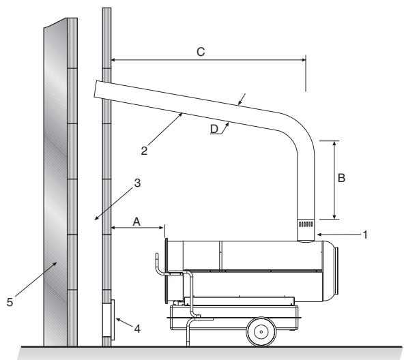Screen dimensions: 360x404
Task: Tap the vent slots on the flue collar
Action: (306, 224)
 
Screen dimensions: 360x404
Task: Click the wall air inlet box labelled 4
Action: (108, 318)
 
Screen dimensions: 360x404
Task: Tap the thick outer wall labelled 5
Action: (57, 184)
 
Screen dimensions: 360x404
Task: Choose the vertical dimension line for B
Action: (335, 180)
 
